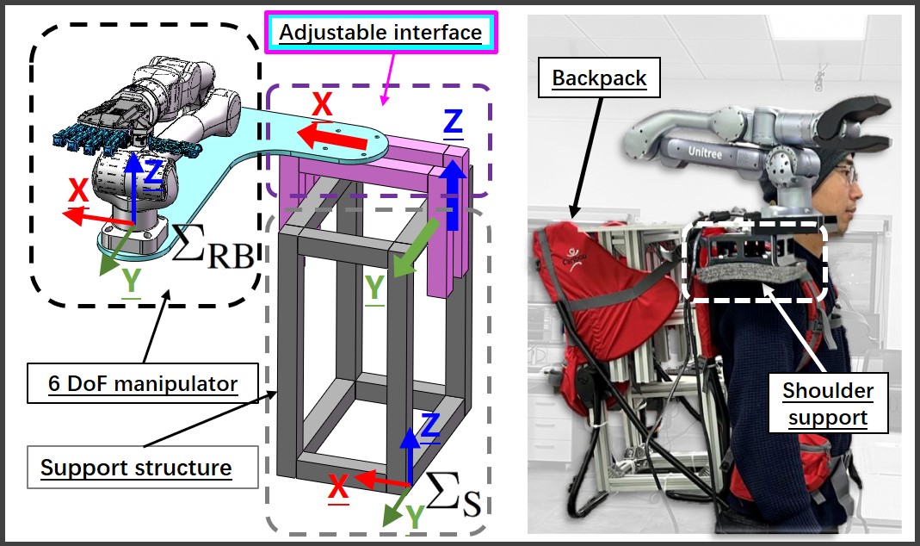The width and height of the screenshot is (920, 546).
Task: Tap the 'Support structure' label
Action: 137,468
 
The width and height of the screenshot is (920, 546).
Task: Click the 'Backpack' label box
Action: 600,79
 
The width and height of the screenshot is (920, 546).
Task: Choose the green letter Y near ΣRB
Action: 132,282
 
